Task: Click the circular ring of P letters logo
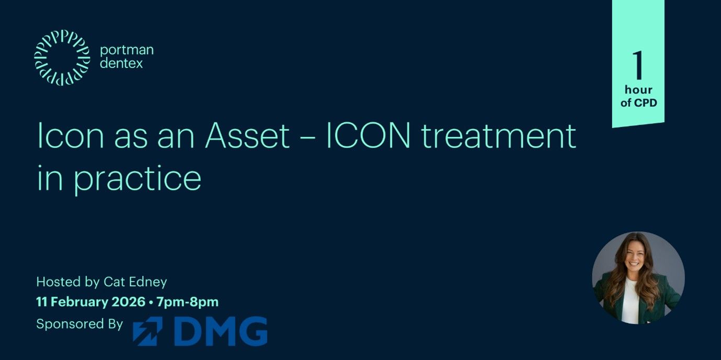point(62,57)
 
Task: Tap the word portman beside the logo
point(127,50)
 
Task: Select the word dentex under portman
point(121,64)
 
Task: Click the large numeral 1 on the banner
point(637,66)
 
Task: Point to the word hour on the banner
point(638,90)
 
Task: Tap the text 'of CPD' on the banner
point(638,102)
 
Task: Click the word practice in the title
point(137,179)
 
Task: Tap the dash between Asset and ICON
point(307,138)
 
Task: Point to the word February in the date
point(81,302)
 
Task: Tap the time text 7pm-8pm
point(187,302)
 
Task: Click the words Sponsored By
point(79,324)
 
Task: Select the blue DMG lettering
point(220,331)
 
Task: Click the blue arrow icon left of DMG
point(147,331)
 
